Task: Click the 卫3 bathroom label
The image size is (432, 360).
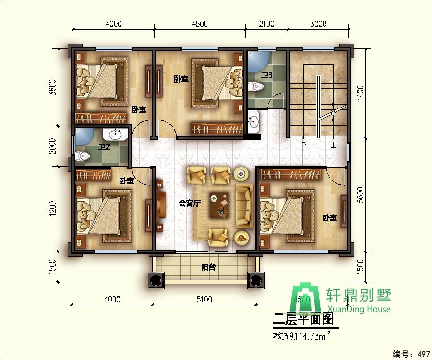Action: [267, 75]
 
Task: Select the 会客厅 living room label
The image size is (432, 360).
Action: [190, 203]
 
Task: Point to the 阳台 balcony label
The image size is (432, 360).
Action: [208, 267]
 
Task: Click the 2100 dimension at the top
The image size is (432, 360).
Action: [266, 24]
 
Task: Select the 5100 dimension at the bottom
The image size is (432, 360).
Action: [204, 300]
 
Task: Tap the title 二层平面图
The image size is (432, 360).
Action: [303, 318]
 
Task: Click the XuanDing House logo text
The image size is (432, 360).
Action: [359, 309]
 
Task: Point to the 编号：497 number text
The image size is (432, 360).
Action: [410, 354]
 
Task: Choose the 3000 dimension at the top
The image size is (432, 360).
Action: [318, 24]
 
